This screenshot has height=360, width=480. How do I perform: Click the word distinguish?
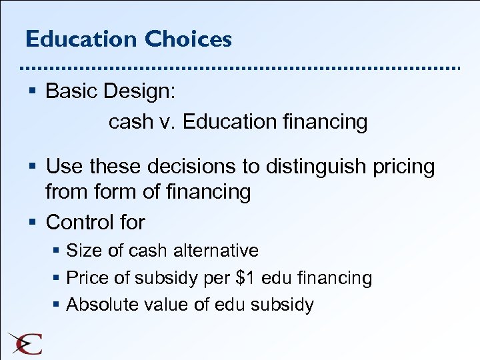point(313,167)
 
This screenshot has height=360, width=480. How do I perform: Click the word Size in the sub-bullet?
point(81,251)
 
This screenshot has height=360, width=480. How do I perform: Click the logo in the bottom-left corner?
point(25,342)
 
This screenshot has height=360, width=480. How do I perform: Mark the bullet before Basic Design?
point(33,92)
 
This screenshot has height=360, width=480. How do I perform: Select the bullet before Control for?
point(33,222)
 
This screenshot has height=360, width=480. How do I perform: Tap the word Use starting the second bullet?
point(63,167)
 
